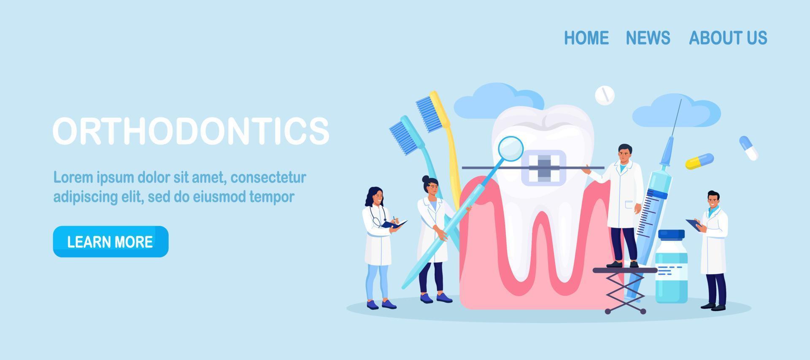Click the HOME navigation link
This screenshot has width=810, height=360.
(x=586, y=38)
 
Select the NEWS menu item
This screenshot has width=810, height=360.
(x=648, y=38)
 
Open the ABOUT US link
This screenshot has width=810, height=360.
(x=728, y=38)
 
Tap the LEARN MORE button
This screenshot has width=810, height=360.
(x=111, y=241)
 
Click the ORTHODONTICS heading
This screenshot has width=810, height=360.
(x=191, y=131)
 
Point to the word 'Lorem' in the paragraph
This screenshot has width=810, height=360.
(x=73, y=178)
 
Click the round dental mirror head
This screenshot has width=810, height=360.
(x=510, y=149)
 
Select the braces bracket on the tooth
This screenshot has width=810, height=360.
(x=543, y=168)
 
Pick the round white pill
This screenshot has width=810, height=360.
(x=605, y=95)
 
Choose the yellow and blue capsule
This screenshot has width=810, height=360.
(x=699, y=161)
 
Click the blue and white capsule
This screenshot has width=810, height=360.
(x=748, y=148)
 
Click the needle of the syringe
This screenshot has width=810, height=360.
(x=675, y=118)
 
